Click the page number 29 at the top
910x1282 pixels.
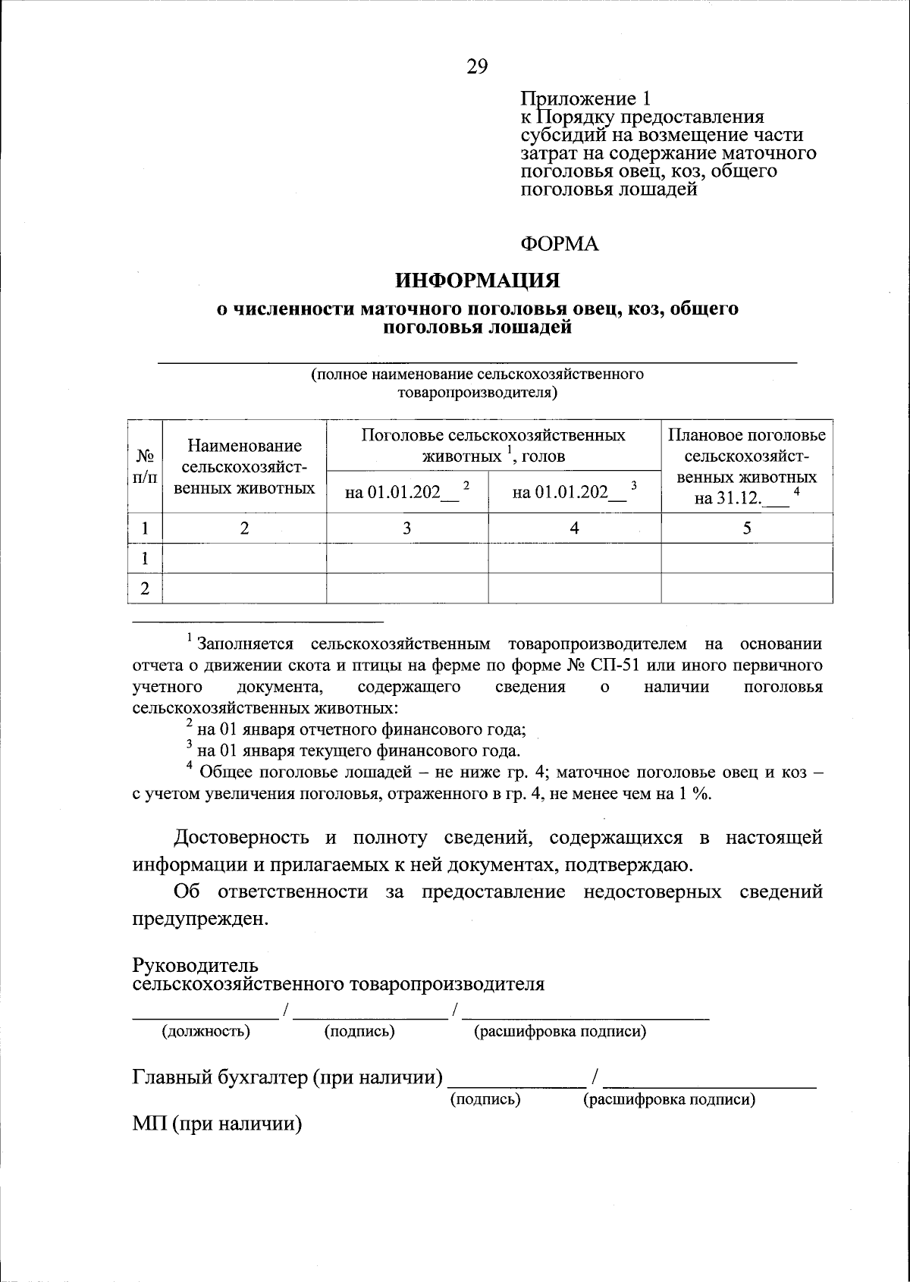[x=477, y=67]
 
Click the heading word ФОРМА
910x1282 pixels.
[x=559, y=243]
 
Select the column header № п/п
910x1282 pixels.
[x=145, y=466]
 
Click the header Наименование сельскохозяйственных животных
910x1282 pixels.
[x=244, y=466]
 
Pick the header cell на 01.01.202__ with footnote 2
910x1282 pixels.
[x=407, y=492]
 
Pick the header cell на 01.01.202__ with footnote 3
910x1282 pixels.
[x=574, y=492]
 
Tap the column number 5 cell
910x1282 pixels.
[x=747, y=528]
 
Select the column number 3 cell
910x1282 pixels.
[x=407, y=528]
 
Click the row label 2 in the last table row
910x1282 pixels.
[x=145, y=589]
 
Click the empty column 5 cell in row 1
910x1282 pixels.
[x=747, y=559]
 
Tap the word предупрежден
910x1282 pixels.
[x=200, y=919]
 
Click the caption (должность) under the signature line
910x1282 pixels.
[x=206, y=1032]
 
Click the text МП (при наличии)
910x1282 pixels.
[x=217, y=1124]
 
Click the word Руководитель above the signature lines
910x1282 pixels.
[x=195, y=966]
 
